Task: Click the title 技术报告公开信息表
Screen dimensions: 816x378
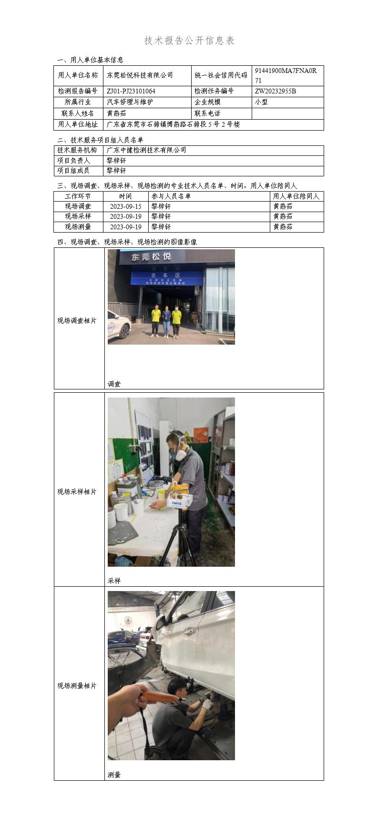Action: coord(189,41)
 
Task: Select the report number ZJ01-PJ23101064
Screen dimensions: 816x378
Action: coord(131,91)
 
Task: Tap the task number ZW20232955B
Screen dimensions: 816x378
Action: coord(275,91)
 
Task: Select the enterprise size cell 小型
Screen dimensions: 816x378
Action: coord(261,102)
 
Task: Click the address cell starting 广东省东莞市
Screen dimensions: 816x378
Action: coord(173,124)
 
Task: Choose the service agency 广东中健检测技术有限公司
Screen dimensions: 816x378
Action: coord(146,150)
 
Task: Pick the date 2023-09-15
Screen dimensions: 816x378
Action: coord(125,206)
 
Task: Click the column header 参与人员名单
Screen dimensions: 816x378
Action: coord(171,196)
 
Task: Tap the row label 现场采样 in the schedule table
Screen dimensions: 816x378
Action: coord(78,216)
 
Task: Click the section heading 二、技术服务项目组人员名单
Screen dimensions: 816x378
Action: coord(100,140)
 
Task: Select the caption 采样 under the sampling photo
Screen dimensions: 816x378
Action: coord(114,581)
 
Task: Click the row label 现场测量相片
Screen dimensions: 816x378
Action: coord(77,685)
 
